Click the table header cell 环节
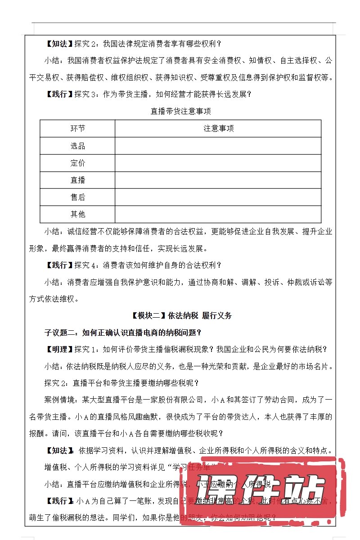[77, 129]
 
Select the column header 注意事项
[218, 129]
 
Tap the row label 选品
[77, 146]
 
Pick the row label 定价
[77, 163]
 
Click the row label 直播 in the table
[77, 180]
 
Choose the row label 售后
[77, 197]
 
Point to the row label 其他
[77, 214]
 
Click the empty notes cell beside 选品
[218, 146]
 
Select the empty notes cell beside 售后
[218, 197]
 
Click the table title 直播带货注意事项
[180, 111]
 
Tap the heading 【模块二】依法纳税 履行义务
[180, 316]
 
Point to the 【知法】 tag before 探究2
[59, 44]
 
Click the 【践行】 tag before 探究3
[59, 94]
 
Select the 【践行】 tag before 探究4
[59, 265]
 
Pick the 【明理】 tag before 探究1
[59, 350]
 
